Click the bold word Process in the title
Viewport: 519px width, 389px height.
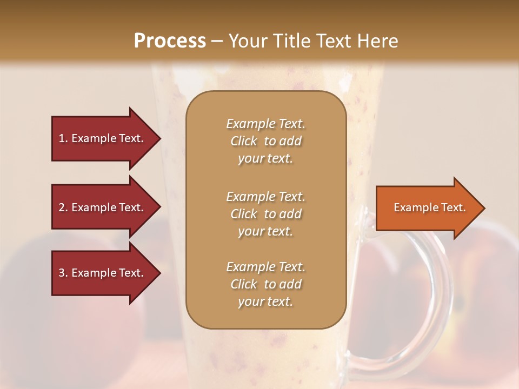coord(170,41)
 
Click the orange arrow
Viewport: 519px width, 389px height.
coord(427,207)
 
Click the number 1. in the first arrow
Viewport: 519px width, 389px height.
coord(63,138)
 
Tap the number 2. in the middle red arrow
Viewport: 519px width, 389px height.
coord(63,207)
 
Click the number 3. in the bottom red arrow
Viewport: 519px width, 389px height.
coord(63,273)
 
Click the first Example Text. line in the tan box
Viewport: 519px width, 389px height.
coord(265,124)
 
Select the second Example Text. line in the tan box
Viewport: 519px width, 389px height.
coord(265,197)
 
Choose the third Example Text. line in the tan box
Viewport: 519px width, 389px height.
coord(265,267)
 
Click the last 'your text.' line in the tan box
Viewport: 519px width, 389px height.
coord(265,302)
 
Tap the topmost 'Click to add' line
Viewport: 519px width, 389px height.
coord(265,141)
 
